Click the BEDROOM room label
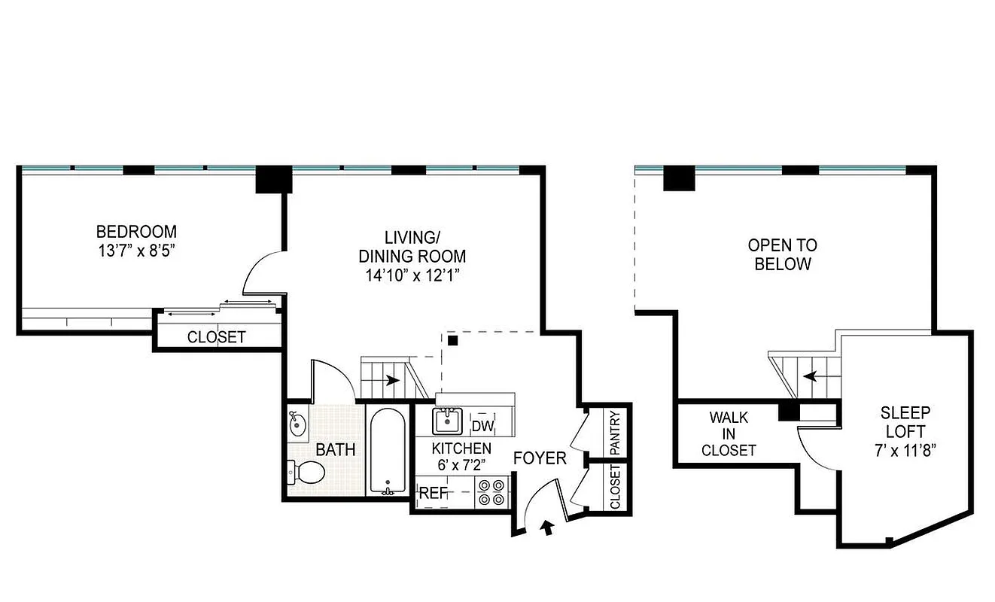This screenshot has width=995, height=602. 136,231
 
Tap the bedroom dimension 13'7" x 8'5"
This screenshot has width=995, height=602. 136,250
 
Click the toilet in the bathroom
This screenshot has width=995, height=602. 306,473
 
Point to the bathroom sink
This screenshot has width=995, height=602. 298,424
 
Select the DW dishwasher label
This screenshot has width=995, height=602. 482,427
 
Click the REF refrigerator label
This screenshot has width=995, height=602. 434,494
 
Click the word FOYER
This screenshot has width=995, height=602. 540,458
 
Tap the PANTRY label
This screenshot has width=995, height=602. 615,432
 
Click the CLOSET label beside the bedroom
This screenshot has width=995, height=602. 216,337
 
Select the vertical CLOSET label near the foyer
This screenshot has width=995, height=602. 615,487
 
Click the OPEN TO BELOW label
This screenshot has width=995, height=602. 783,254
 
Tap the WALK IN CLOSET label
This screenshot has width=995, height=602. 728,434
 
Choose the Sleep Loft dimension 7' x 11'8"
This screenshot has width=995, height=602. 905,451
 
